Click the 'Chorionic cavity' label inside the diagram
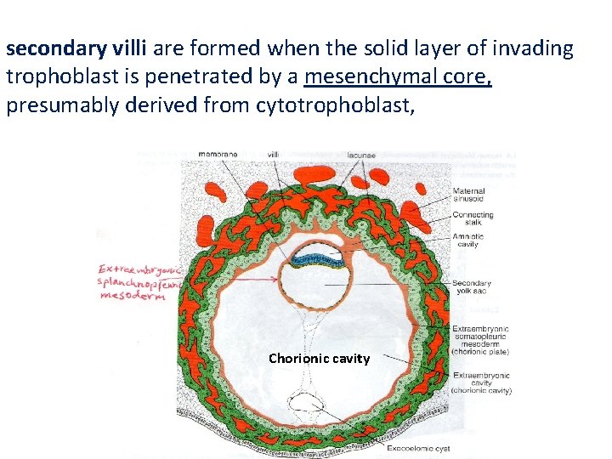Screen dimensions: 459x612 click(319, 359)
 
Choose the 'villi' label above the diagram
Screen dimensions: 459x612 click(274, 155)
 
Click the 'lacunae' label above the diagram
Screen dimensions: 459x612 click(362, 155)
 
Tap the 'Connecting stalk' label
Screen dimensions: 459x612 click(473, 219)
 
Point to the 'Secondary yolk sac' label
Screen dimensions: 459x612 click(472, 288)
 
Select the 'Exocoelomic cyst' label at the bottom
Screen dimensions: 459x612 click(418, 448)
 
